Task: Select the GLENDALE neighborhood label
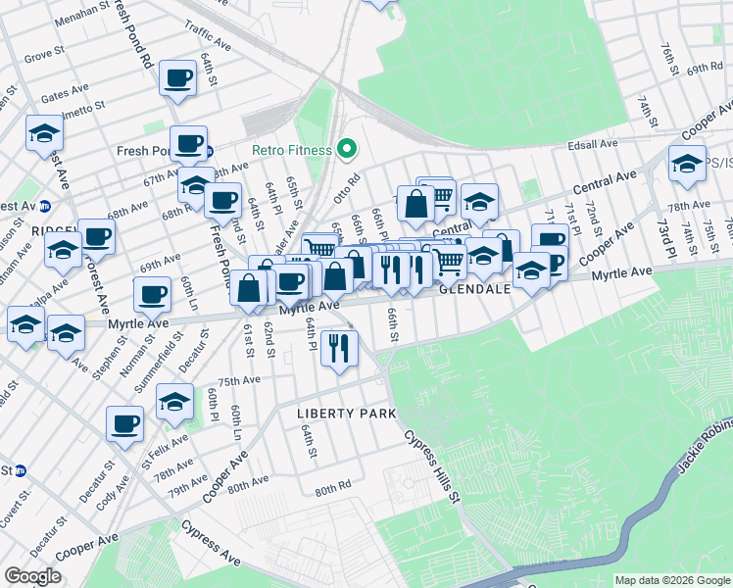pos(474,290)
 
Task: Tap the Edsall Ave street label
pos(594,144)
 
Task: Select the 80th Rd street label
pos(332,487)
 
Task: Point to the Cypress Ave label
pos(211,542)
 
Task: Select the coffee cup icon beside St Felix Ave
pos(125,424)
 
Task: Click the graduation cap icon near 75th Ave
pos(174,403)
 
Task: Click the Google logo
pos(32,576)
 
